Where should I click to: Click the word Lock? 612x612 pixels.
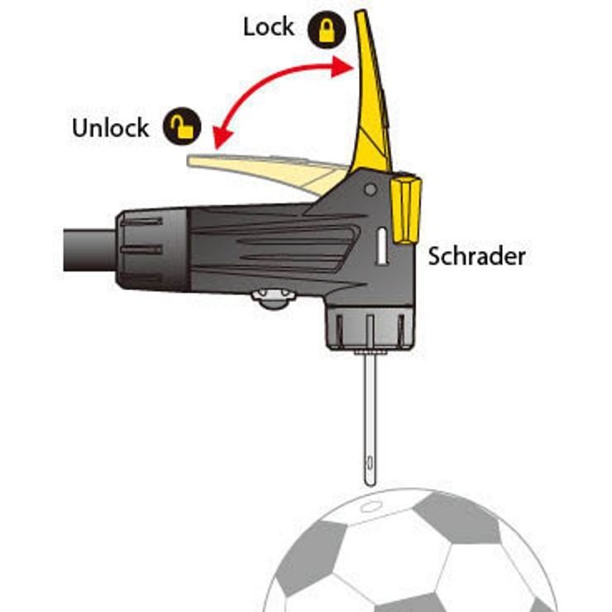click(269, 27)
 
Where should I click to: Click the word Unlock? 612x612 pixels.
click(111, 127)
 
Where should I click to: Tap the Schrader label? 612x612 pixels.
click(476, 257)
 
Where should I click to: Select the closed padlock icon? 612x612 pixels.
click(327, 30)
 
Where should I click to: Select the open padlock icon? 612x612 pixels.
click(182, 126)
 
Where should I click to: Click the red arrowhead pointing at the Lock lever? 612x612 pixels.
click(342, 67)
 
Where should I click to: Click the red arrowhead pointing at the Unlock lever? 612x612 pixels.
click(222, 138)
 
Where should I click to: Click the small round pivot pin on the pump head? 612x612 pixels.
click(371, 190)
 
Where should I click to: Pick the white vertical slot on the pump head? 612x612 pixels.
click(382, 246)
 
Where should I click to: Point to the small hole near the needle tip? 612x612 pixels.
click(370, 464)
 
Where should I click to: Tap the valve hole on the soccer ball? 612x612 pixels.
click(368, 507)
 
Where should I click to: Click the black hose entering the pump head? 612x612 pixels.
click(90, 251)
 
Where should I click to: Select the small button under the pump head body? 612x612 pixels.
click(272, 299)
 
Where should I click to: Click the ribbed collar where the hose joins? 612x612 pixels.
click(153, 250)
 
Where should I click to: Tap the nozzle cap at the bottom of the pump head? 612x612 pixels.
click(369, 328)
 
